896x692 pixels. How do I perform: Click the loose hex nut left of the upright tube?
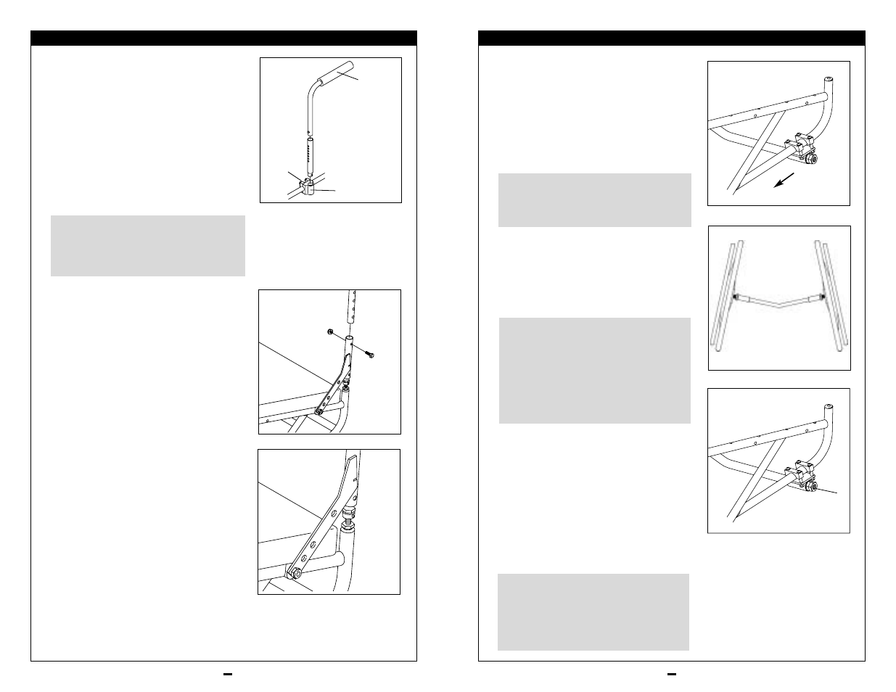(x=329, y=333)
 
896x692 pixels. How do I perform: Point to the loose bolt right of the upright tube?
(x=371, y=354)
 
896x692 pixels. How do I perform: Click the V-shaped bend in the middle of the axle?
(x=779, y=305)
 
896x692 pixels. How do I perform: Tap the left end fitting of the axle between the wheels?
(x=738, y=297)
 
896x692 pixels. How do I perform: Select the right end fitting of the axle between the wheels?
(x=821, y=296)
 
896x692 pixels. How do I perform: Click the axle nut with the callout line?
(x=811, y=486)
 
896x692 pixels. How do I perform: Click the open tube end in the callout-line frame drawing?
(x=829, y=407)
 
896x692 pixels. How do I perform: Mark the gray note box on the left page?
(x=148, y=245)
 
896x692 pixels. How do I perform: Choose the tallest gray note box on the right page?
(x=594, y=370)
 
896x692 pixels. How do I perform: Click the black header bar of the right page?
(x=671, y=38)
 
